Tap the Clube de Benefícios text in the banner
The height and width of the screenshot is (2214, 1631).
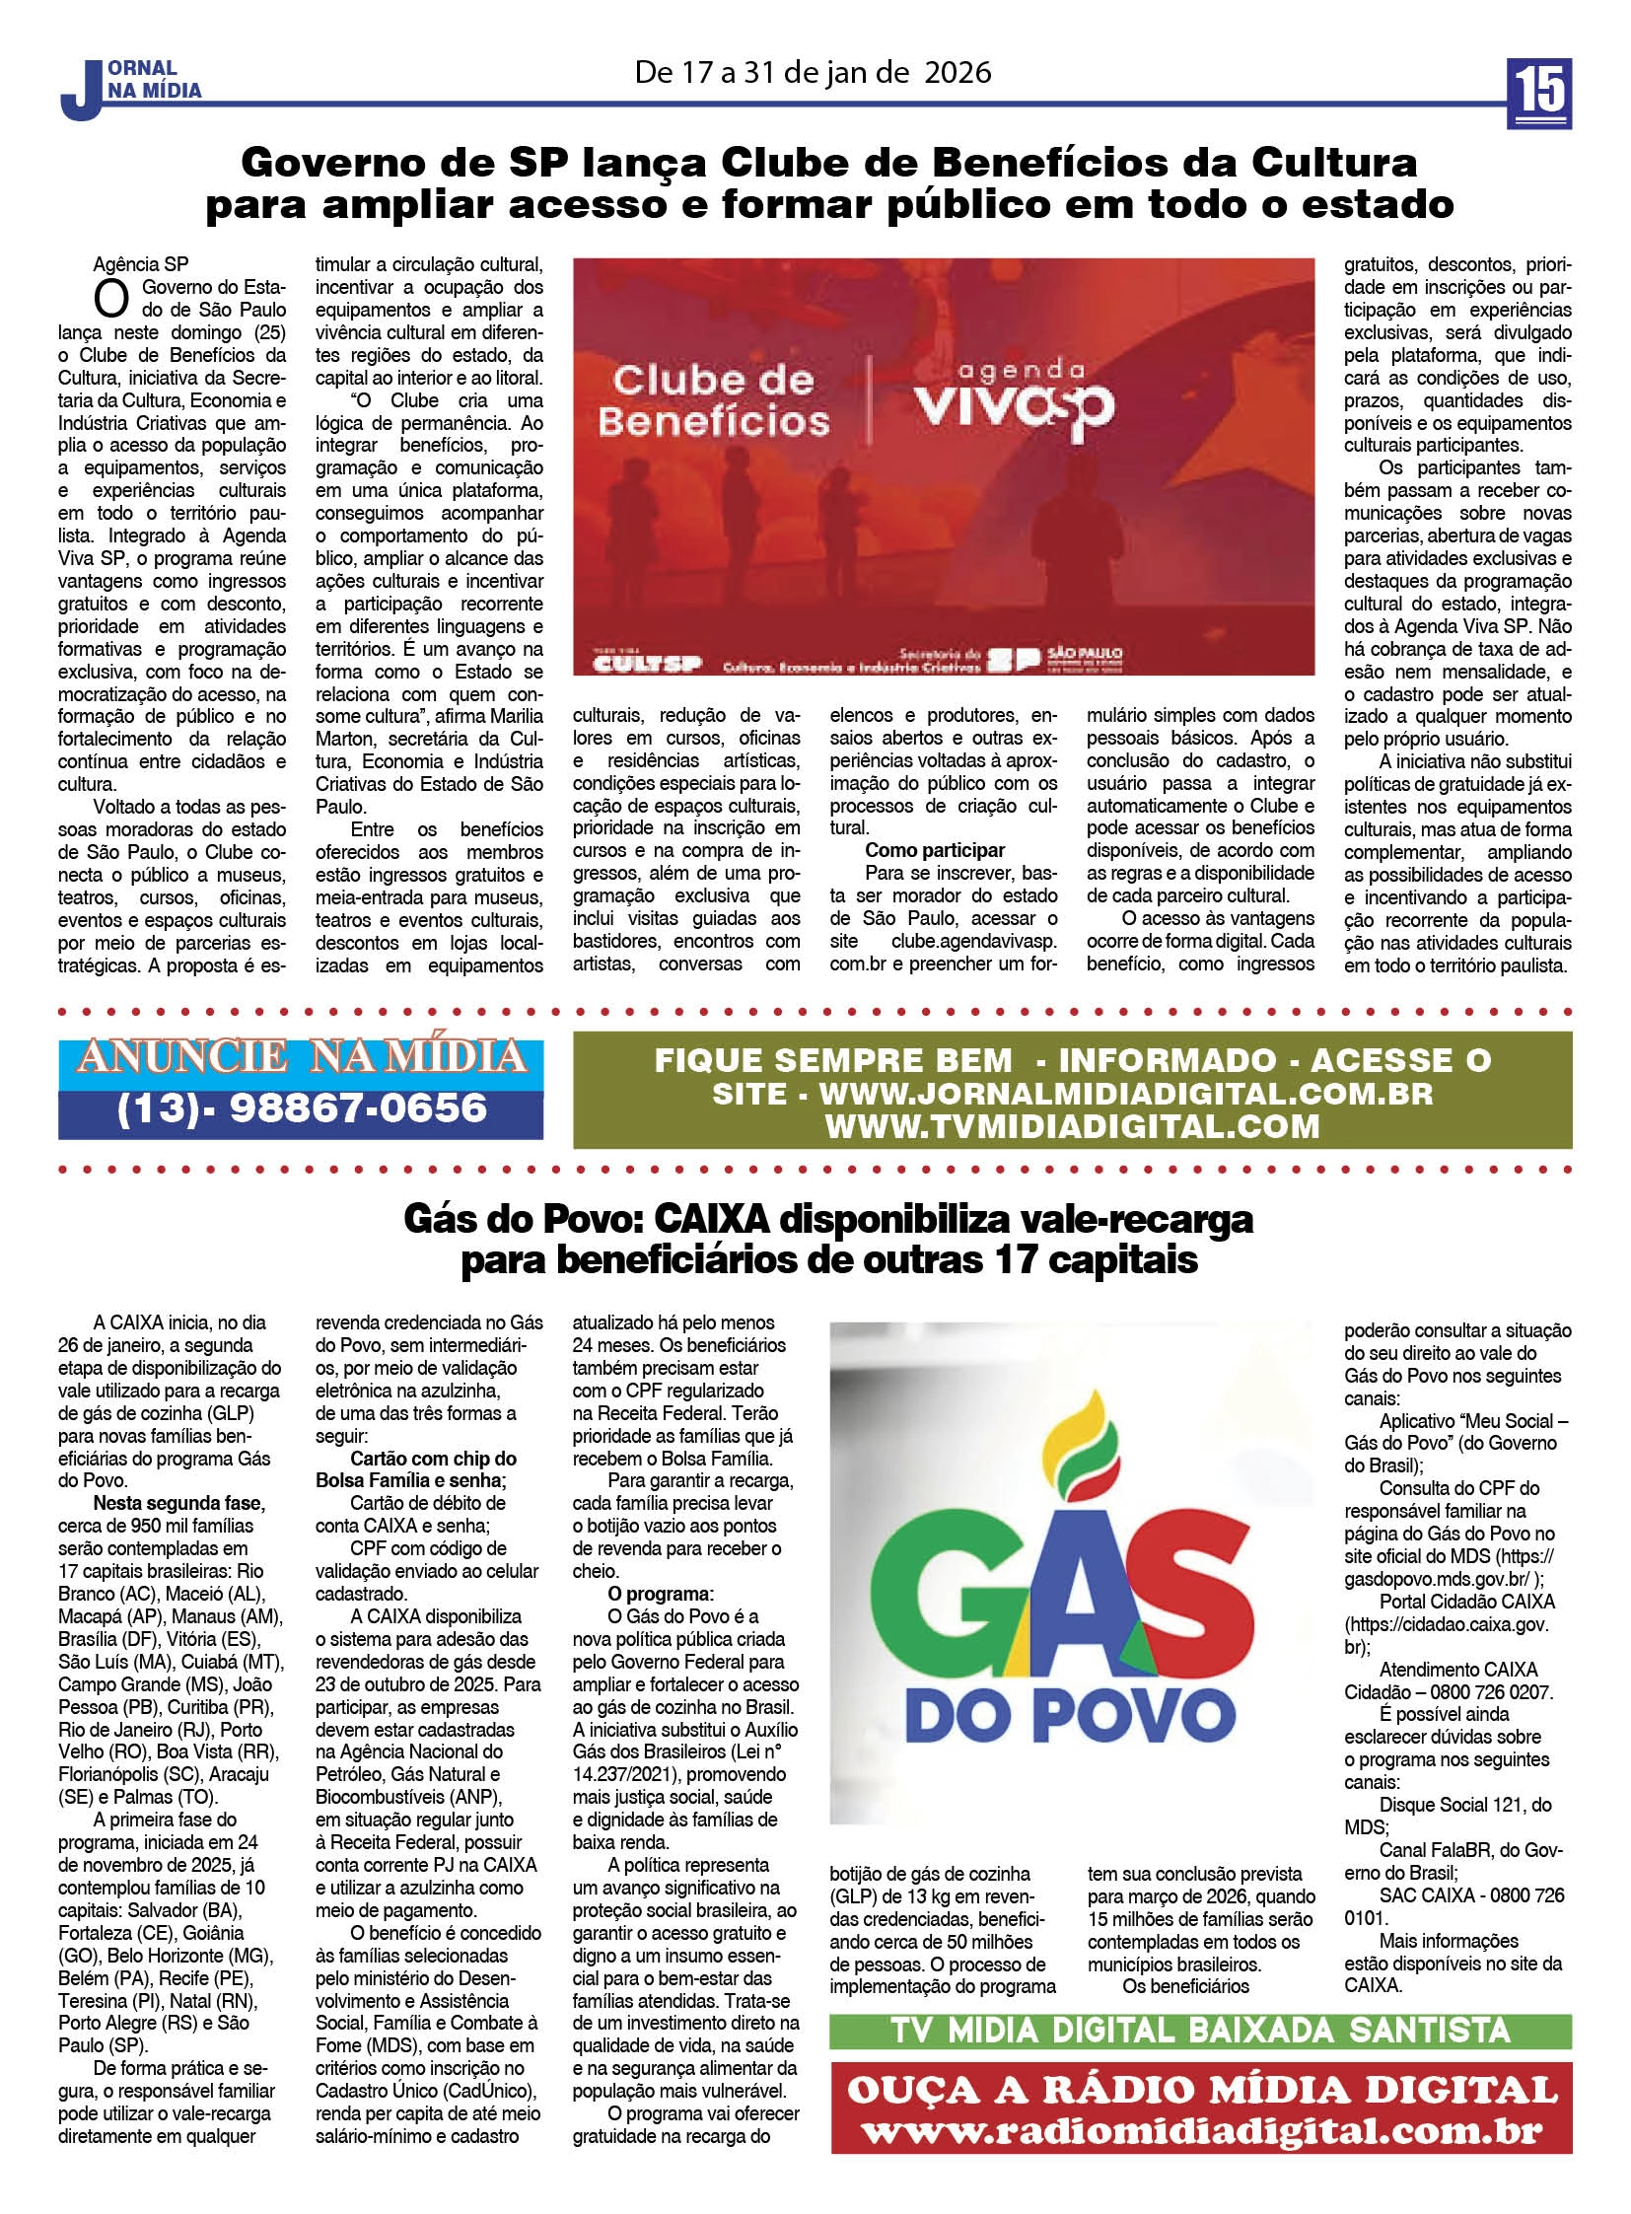714,400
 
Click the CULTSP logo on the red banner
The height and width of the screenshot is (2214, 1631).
647,662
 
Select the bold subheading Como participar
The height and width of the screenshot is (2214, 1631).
934,850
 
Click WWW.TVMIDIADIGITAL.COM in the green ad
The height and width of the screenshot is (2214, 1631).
1072,1127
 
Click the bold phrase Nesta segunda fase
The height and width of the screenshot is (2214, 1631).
178,1503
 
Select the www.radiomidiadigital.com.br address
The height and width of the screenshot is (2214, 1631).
1199,2129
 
